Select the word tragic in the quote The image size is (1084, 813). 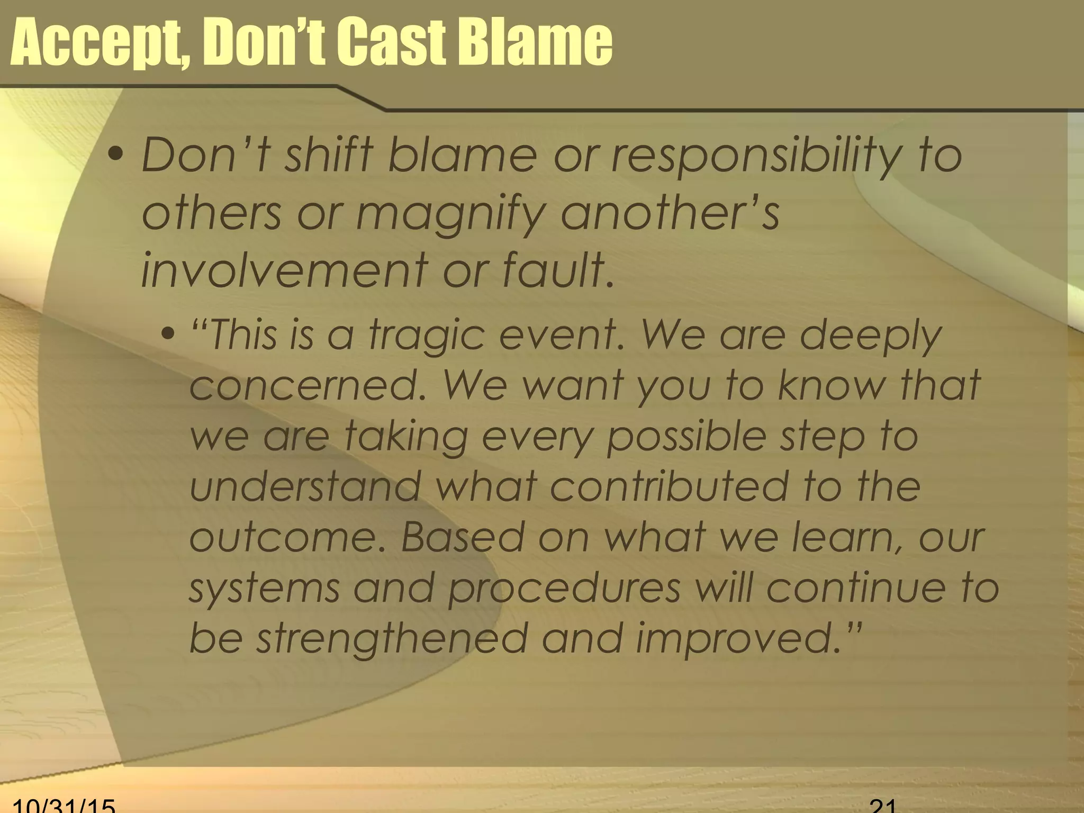427,337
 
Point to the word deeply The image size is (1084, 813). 871,337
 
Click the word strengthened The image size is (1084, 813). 392,638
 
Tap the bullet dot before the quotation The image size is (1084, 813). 168,334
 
